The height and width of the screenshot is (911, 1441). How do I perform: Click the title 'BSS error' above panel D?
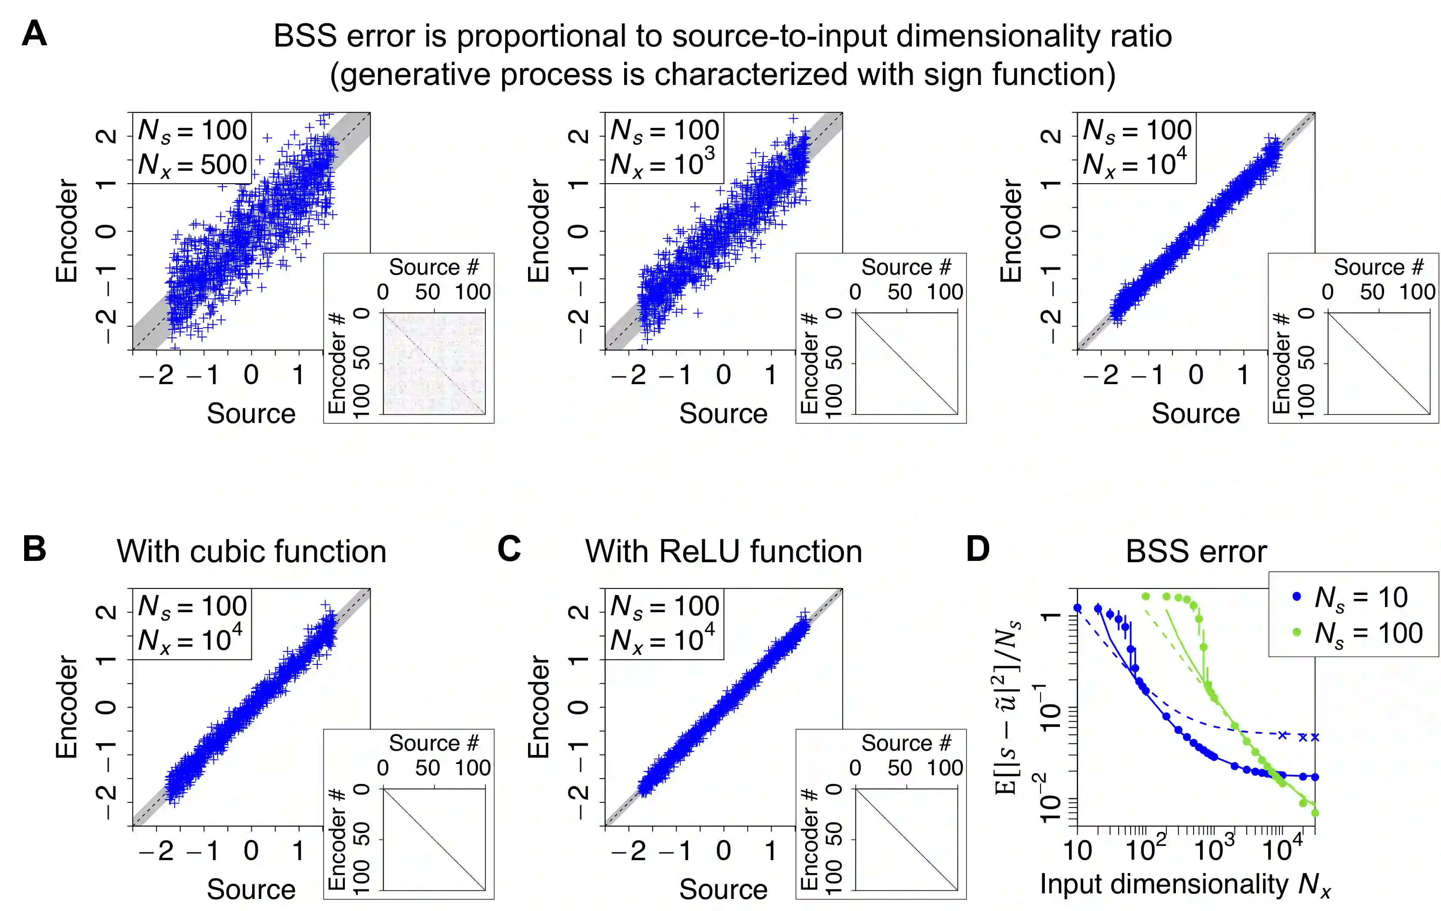(1196, 551)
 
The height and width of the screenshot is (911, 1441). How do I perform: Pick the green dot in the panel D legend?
(1297, 632)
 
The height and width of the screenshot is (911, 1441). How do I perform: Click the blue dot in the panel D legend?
(1297, 596)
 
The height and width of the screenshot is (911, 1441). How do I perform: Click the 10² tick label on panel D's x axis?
(1145, 849)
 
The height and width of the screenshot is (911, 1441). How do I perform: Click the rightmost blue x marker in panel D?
(1315, 737)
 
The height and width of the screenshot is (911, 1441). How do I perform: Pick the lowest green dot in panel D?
(1315, 813)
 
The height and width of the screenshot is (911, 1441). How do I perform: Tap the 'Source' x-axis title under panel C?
(723, 889)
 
